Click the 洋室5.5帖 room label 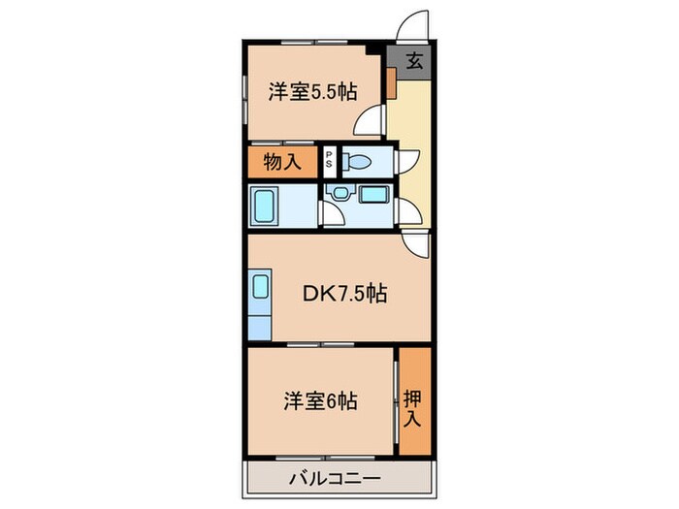point(312,92)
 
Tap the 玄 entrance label point(413,62)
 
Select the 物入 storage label point(282,162)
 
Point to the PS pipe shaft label point(329,161)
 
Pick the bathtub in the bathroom point(267,205)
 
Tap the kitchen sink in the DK point(260,289)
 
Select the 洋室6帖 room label point(320,398)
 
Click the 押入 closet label point(413,399)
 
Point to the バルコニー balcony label point(334,478)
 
